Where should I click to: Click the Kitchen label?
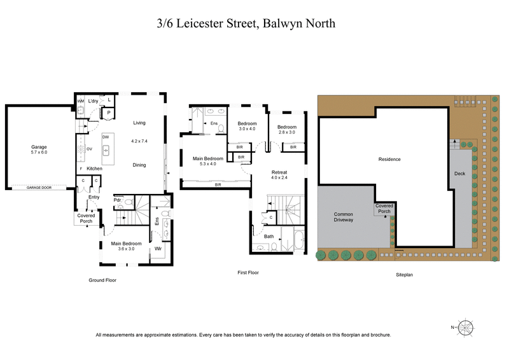[94, 168]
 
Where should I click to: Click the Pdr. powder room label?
[118, 200]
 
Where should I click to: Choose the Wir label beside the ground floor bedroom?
[158, 249]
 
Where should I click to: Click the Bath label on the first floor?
[269, 237]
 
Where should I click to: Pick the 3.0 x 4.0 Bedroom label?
[247, 126]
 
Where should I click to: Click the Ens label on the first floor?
[214, 123]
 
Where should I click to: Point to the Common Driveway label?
[344, 217]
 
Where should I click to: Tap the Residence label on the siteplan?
[389, 159]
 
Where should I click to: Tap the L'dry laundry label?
[94, 101]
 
